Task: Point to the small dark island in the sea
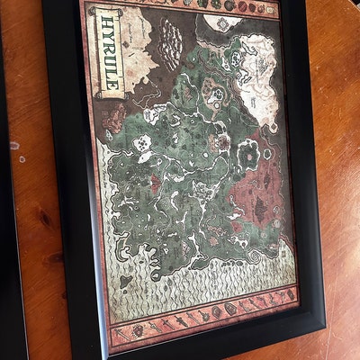coord(125,282)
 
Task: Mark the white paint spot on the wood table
coord(13,145)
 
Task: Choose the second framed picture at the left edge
coord(11,270)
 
